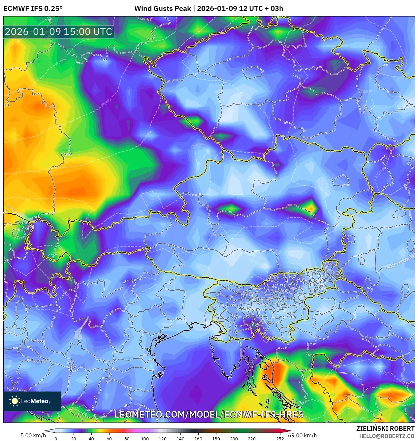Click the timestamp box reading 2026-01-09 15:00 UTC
click(x=58, y=32)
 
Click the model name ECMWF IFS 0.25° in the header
click(x=33, y=9)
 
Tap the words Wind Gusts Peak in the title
click(x=162, y=9)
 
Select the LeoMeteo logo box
click(x=32, y=401)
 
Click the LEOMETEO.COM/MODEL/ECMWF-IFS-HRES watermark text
click(x=209, y=415)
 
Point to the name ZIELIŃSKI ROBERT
click(x=385, y=428)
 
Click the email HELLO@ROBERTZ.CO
click(x=387, y=436)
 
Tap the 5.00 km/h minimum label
click(x=33, y=435)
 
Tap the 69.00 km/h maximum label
click(x=302, y=435)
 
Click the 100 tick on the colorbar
click(x=145, y=439)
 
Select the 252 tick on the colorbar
click(x=280, y=439)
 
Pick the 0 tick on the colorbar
click(x=56, y=439)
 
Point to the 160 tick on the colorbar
click(x=198, y=439)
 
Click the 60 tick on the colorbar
click(x=109, y=439)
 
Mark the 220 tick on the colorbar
click(x=251, y=439)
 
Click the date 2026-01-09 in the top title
click(x=217, y=9)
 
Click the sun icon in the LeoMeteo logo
click(x=15, y=401)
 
